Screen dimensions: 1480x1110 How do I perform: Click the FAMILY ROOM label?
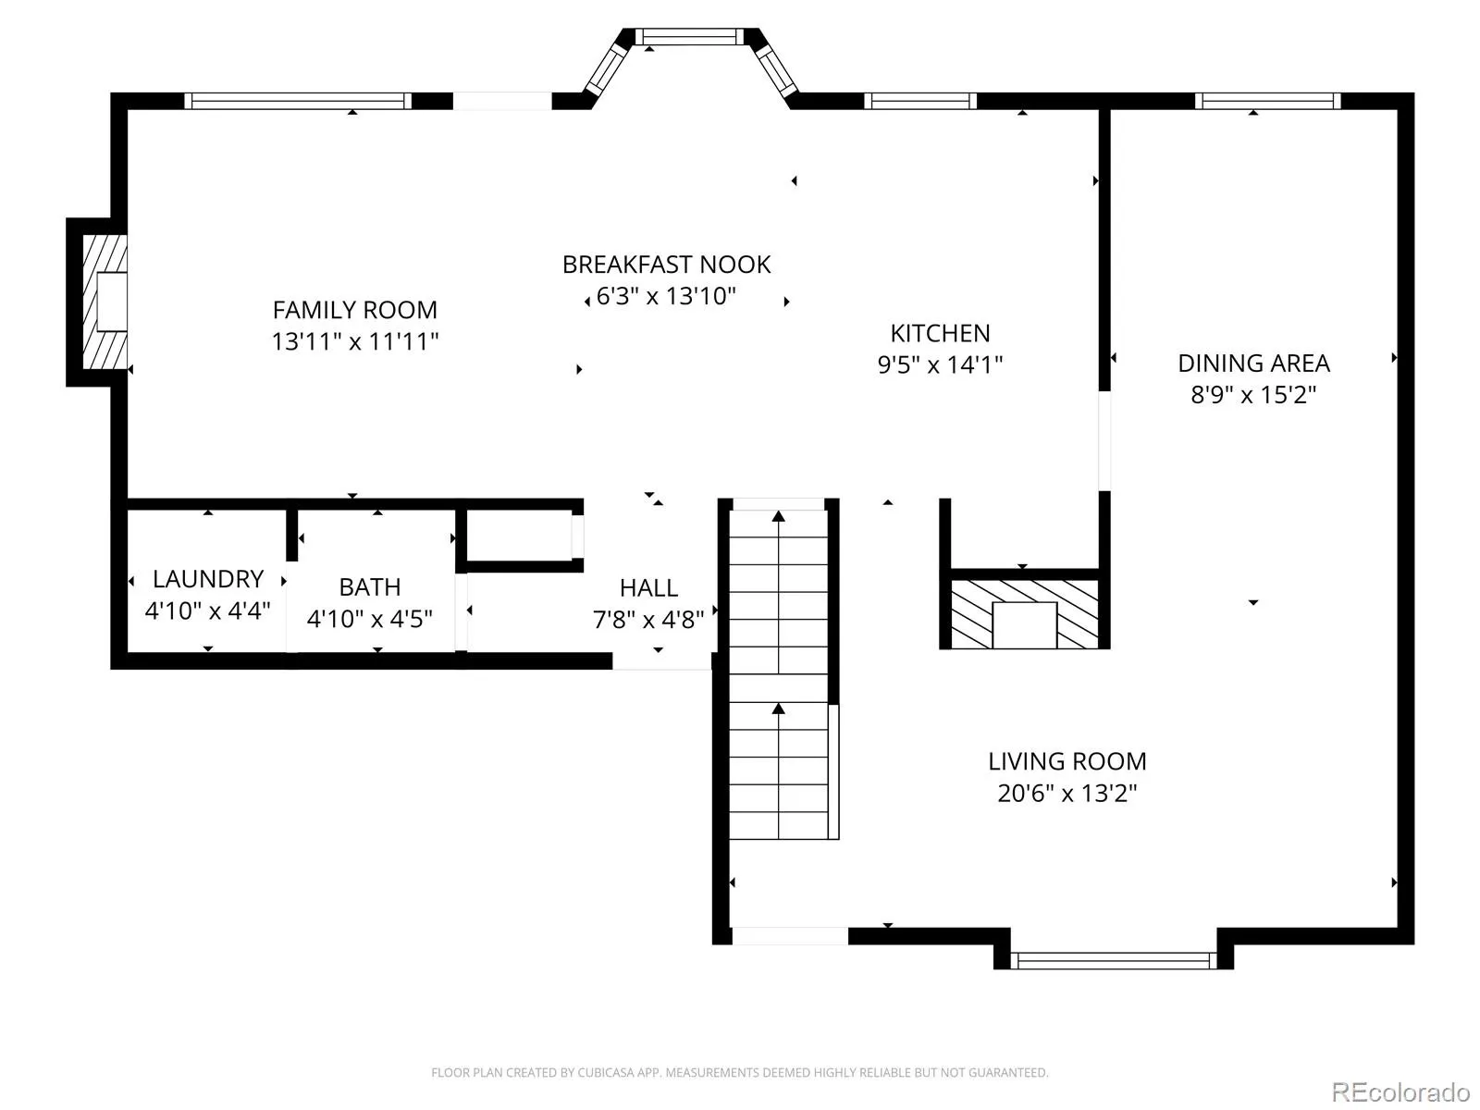pos(354,310)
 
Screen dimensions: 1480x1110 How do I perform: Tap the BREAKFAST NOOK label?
pos(666,265)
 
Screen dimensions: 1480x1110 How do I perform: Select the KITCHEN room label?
pos(940,334)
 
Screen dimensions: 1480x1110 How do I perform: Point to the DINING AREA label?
pos(1253,364)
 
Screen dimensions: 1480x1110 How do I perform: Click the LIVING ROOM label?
pos(1067,761)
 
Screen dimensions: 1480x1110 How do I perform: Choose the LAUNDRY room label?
pos(208,579)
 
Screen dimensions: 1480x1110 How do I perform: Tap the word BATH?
pos(369,587)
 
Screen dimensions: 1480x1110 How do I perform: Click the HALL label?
pos(648,588)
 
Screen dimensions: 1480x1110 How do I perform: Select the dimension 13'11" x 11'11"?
pos(354,341)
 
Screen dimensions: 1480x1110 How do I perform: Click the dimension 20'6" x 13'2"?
pos(1067,794)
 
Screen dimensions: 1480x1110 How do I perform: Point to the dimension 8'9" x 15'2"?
pos(1253,395)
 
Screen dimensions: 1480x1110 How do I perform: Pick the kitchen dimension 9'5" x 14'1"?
pos(940,365)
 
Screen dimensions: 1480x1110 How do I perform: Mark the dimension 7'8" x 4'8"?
pos(648,620)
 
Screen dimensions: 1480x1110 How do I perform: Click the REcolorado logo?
pos(1400,1091)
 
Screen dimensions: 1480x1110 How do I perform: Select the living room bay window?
pos(1113,960)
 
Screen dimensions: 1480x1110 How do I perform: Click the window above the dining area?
pos(1267,101)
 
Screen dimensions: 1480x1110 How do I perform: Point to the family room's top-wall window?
pos(298,101)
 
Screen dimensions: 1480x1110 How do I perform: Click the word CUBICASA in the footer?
pos(602,1073)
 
